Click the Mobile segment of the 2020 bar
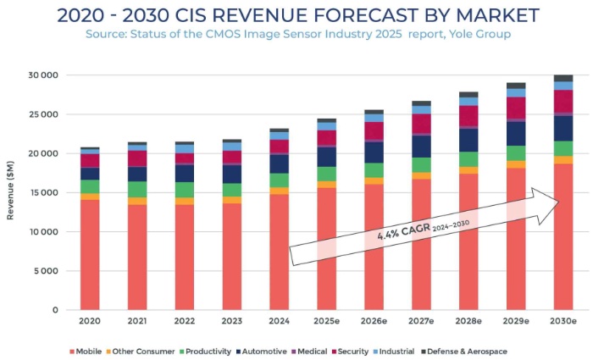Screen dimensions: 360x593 [x=90, y=254]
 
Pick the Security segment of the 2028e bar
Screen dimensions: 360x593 [x=468, y=116]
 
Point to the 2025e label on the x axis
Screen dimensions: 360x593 [x=326, y=322]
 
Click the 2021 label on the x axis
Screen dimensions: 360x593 [x=136, y=322]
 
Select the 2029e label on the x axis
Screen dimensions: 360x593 [x=515, y=322]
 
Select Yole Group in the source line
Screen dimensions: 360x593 [x=481, y=33]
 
